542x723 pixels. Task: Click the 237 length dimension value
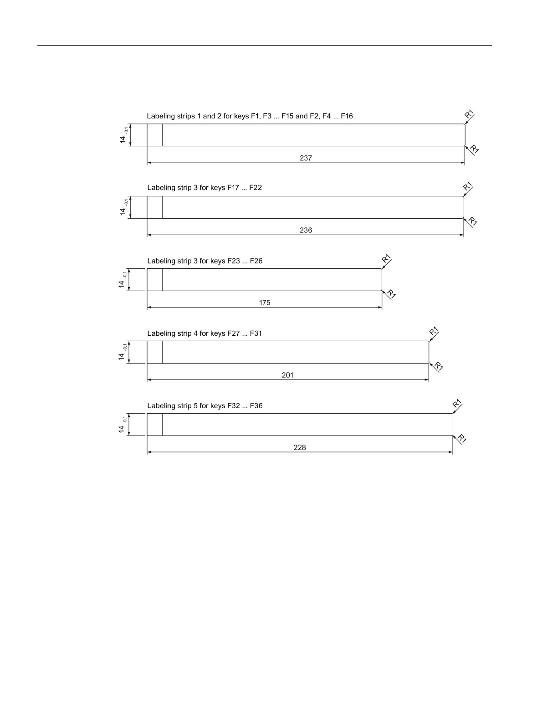(306, 158)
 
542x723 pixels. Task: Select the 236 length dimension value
(306, 230)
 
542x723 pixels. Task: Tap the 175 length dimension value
(265, 303)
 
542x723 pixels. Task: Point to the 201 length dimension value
(287, 375)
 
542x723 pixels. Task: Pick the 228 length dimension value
(300, 447)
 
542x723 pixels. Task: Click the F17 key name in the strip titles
(233, 188)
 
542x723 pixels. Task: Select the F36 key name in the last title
(256, 406)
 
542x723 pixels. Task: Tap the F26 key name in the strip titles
(256, 261)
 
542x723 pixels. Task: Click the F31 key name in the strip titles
(256, 333)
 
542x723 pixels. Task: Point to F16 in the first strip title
(347, 116)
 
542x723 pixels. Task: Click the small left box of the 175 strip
(155, 280)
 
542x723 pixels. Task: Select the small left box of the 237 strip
(155, 135)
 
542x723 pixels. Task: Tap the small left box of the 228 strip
(155, 425)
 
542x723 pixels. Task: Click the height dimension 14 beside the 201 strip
(122, 356)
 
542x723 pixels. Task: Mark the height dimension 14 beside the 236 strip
(123, 211)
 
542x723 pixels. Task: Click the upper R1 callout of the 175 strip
(386, 259)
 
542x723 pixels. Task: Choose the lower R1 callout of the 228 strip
(462, 439)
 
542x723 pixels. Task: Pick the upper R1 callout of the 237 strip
(469, 114)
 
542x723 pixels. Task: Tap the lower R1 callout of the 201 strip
(439, 366)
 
